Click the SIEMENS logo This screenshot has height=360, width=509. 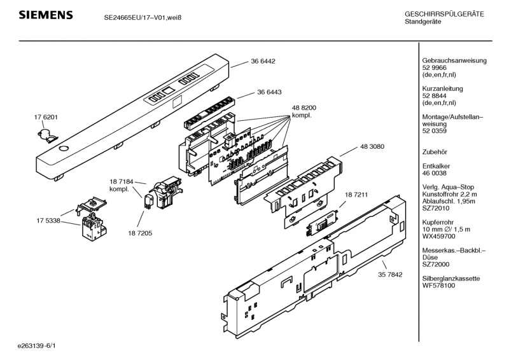pos(46,15)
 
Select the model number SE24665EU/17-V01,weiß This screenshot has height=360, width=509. pos(143,18)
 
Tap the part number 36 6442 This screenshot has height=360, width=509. pos(263,61)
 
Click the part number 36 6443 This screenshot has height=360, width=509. pos(269,92)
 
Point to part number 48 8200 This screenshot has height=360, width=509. pos(304,107)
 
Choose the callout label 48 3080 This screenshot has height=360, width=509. pos(372,146)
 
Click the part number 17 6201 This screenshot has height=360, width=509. pos(46,117)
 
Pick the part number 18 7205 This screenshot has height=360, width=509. pos(140,233)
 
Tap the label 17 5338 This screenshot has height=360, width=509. pos(48,221)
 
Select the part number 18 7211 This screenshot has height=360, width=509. pos(356,195)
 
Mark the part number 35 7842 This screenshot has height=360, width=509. pos(390,275)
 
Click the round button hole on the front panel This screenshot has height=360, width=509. pos(64,148)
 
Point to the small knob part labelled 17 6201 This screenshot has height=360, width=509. pos(47,135)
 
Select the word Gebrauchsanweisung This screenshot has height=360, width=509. pos(454,60)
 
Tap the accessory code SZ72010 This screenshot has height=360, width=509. pos(436,208)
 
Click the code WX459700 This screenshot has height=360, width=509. pos(438,237)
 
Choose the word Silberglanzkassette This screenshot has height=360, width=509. pos(451,279)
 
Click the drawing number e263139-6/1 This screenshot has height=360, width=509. pos(37,346)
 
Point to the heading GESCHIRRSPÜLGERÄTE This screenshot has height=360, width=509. pos(444,14)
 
